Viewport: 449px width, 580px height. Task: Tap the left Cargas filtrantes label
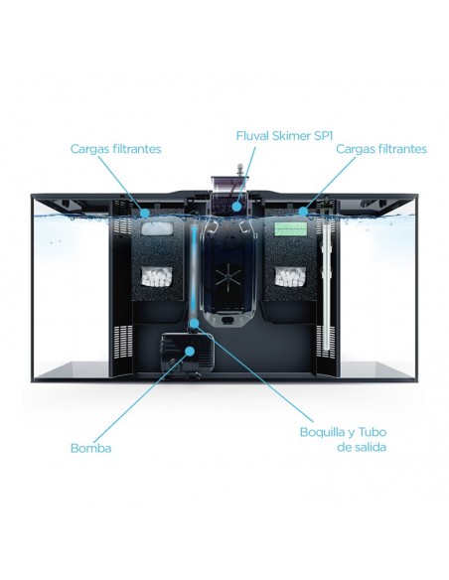[116, 149]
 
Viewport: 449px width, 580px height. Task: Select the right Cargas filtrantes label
[381, 149]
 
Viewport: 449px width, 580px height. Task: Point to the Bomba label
[90, 448]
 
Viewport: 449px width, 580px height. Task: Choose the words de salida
[362, 447]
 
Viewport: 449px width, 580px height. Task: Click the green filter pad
[291, 229]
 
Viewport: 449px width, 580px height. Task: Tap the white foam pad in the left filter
[158, 228]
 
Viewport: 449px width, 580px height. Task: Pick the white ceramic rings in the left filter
[157, 276]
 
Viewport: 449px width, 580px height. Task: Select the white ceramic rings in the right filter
[290, 276]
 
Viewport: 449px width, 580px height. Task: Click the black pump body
[188, 353]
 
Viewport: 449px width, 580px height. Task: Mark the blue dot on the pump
[190, 351]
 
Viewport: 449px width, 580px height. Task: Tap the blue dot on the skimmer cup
[236, 206]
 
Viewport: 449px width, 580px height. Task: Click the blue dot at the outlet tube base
[194, 324]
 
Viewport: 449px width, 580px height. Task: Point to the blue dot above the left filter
[145, 213]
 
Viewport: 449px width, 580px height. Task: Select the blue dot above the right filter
[303, 212]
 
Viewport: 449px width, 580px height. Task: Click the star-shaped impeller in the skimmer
[227, 277]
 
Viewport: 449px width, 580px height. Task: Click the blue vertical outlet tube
[194, 270]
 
